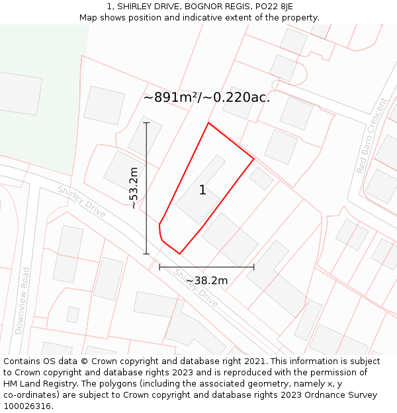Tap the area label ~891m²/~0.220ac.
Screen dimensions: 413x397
206,98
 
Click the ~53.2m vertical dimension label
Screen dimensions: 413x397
134,188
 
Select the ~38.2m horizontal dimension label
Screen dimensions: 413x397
206,280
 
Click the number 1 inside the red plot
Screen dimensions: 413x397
202,190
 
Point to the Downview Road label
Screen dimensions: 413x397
22,301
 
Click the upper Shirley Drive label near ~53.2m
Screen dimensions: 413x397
81,201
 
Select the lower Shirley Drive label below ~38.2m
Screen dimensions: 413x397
196,288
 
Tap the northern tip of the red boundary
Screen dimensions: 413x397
208,123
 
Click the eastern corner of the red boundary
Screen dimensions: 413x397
253,159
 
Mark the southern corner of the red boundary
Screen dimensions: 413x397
179,253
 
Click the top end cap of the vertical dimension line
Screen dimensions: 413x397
146,123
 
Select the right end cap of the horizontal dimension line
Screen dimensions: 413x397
254,267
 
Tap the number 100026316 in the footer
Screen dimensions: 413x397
27,406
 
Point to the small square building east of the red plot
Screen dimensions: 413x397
261,178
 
